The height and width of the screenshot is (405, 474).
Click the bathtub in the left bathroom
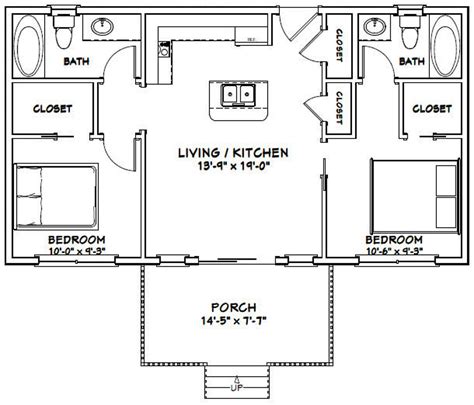tap(29, 40)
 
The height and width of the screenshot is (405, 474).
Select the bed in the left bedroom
tap(55, 195)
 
